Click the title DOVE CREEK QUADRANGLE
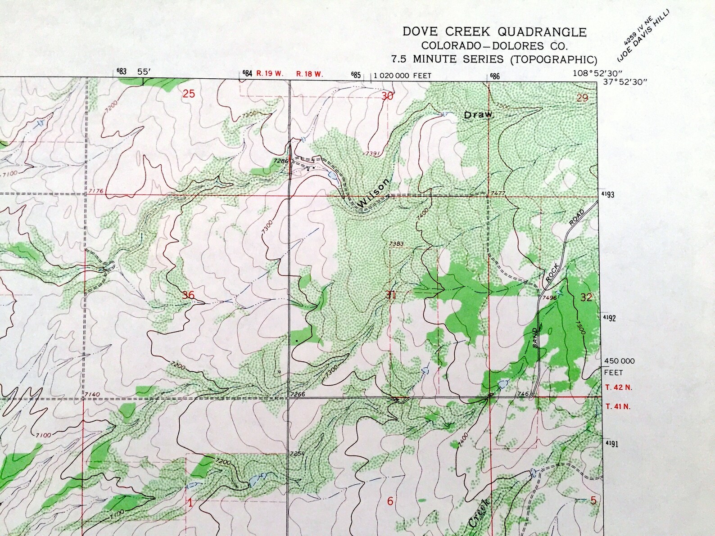[x=494, y=32]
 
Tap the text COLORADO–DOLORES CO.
[x=494, y=46]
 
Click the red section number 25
[x=189, y=94]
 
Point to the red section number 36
[x=188, y=295]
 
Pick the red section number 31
[x=390, y=295]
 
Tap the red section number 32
[x=586, y=297]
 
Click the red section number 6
[x=390, y=501]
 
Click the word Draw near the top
[x=479, y=115]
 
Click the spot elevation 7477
[x=498, y=193]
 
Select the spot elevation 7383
[x=396, y=244]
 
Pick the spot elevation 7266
[x=298, y=394]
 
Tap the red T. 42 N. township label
[x=618, y=387]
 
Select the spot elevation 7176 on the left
[x=96, y=191]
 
